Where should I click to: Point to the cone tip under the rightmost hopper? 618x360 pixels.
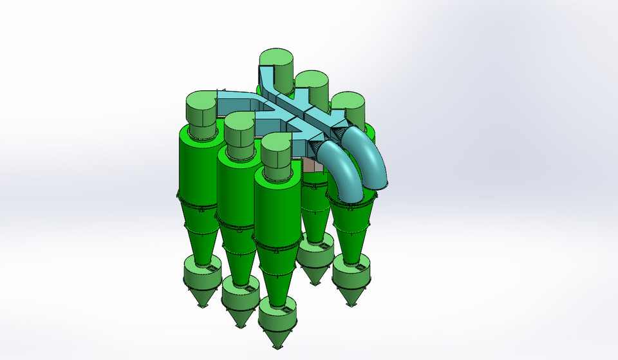click(352, 303)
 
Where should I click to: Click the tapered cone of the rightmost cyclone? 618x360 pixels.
click(351, 235)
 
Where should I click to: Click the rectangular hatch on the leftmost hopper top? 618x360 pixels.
click(209, 263)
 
